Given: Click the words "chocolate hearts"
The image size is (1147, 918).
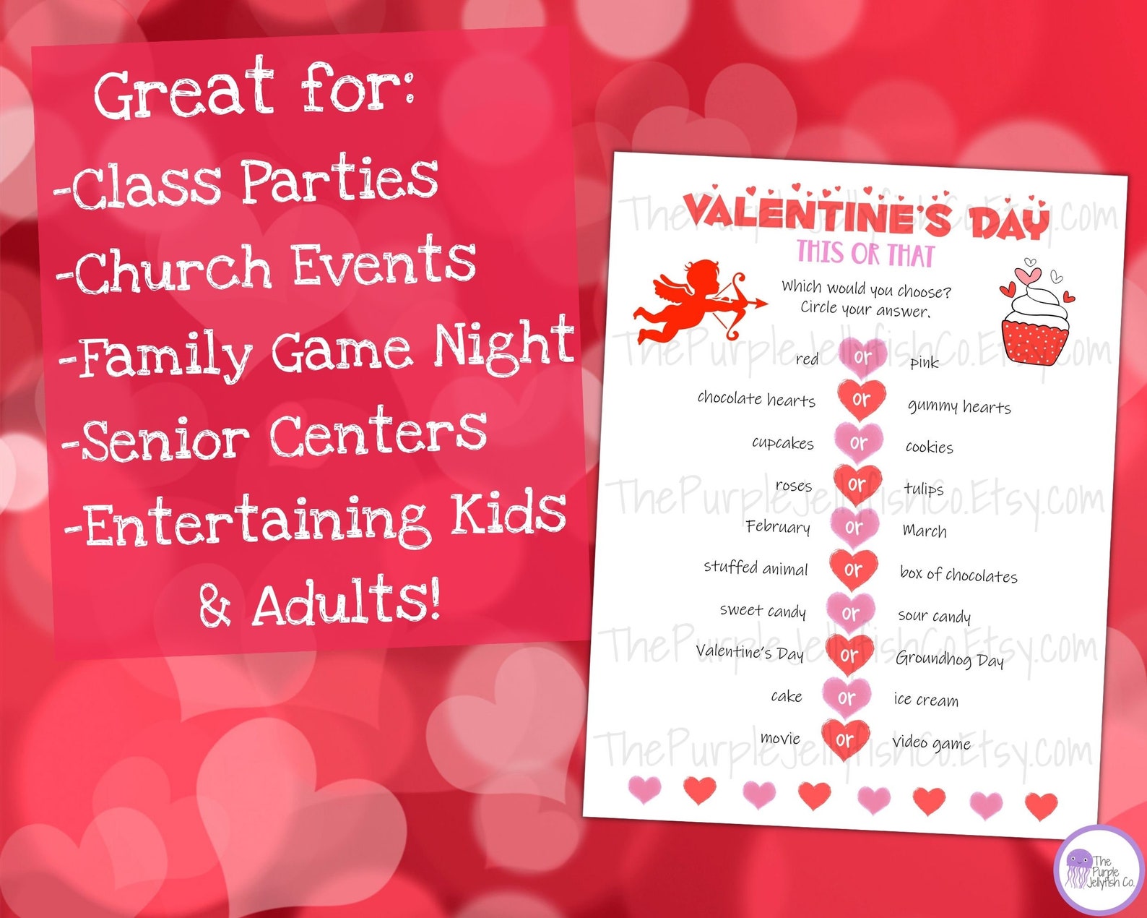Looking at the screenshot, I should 756,399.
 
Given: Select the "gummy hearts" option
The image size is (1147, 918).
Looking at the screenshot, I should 959,407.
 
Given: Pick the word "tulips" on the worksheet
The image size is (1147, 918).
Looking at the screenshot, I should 924,489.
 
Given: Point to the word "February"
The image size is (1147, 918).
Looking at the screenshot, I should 778,526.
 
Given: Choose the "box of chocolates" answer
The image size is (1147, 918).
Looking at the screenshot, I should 958,575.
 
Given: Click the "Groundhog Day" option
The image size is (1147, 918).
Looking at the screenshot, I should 950,659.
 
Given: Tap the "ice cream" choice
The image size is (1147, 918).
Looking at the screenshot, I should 926,700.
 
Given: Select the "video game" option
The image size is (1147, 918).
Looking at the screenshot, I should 931,743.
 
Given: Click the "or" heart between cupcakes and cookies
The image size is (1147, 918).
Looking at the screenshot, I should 858,442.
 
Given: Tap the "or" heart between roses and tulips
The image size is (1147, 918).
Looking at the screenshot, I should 857,484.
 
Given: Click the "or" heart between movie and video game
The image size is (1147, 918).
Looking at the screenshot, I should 844,739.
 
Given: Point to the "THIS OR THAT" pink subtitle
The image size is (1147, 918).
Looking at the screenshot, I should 865,254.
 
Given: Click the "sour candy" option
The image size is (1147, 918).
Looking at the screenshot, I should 934,616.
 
